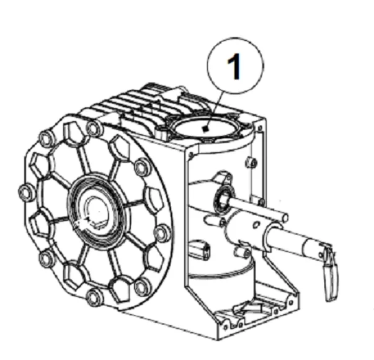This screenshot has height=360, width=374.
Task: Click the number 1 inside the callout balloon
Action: (x=234, y=66)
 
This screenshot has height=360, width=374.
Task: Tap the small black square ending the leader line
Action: (x=204, y=129)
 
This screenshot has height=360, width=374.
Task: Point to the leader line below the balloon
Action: (x=214, y=110)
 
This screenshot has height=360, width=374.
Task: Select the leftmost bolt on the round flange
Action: (x=26, y=193)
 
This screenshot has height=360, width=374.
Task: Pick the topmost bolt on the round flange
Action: (x=95, y=129)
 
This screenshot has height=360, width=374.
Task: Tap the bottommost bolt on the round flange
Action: (x=94, y=297)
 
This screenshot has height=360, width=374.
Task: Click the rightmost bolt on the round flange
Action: (x=163, y=233)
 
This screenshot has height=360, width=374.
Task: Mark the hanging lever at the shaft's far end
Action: (x=331, y=273)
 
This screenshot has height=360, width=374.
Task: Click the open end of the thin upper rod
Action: (x=285, y=217)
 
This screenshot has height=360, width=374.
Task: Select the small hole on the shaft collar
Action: (x=256, y=225)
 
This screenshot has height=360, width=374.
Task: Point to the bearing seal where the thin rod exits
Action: (x=224, y=197)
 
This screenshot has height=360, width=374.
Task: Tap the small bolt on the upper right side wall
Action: (x=252, y=163)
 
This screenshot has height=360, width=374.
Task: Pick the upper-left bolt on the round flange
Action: (x=47, y=138)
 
